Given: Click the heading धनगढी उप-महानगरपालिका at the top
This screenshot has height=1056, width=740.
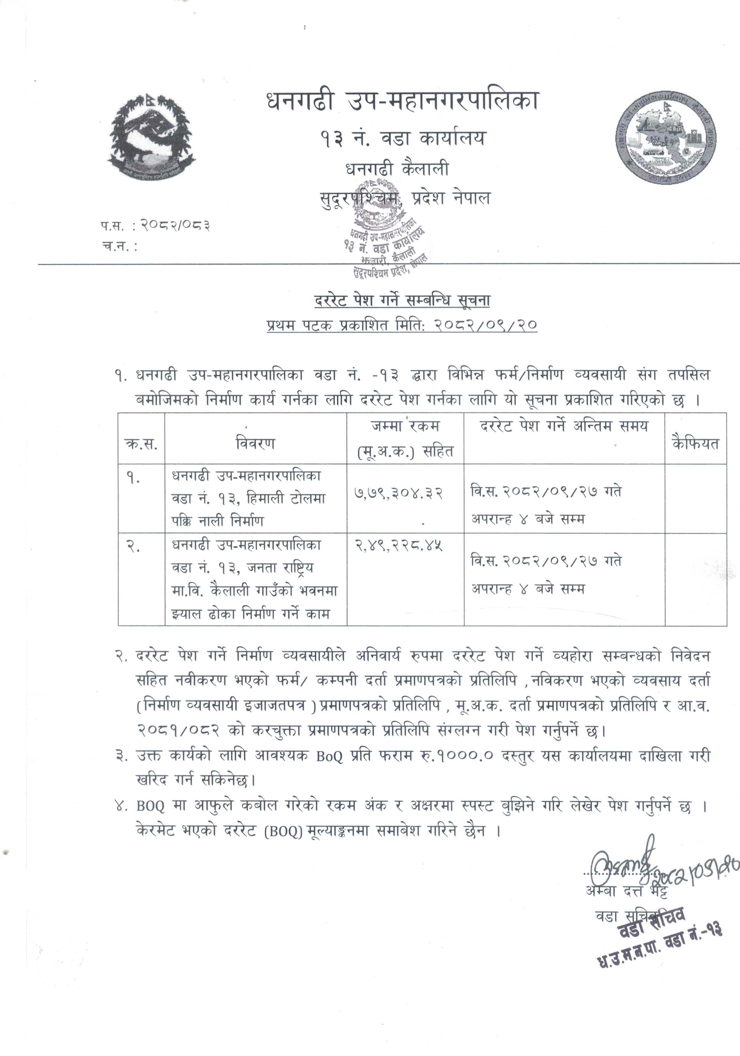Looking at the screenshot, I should [402, 101].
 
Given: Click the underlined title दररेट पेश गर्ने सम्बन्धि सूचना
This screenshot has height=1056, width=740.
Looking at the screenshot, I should [402, 300].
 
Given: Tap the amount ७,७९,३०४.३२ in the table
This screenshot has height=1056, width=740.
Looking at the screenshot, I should [398, 493].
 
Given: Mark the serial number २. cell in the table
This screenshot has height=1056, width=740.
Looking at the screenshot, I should [133, 546].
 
